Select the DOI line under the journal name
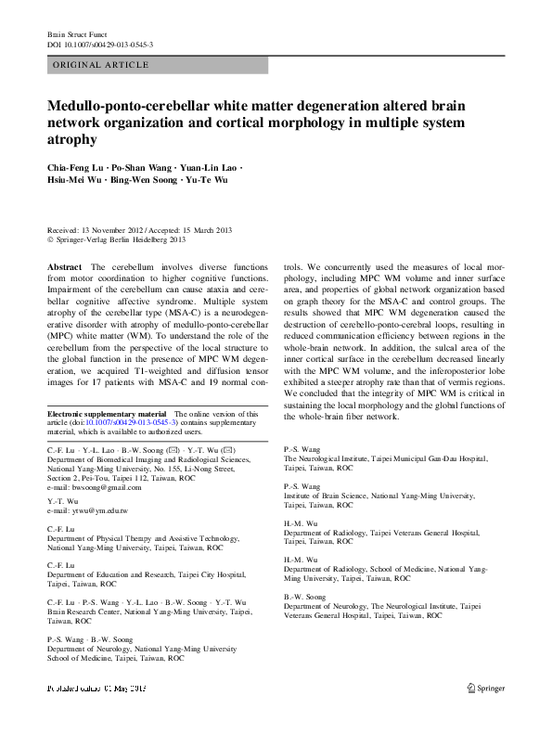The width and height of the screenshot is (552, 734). pos(100,44)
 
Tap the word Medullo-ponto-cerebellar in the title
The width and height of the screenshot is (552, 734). pos(120,107)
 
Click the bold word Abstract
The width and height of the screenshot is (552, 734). pos(62,267)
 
